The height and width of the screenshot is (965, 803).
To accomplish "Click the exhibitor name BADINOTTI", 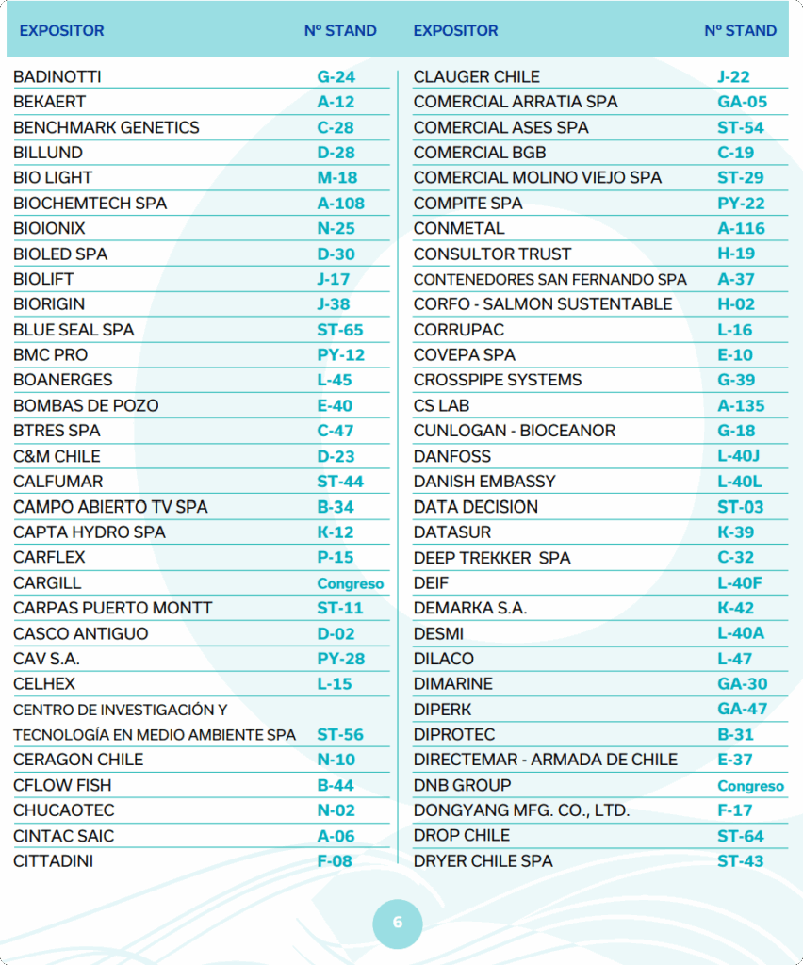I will [x=57, y=76].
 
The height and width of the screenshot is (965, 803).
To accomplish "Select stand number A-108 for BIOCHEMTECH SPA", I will [x=340, y=203].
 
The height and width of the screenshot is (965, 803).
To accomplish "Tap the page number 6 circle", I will [x=397, y=922].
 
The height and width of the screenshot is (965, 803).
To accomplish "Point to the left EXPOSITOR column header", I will [x=61, y=30].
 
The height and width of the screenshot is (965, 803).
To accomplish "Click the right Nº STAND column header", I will [x=740, y=30].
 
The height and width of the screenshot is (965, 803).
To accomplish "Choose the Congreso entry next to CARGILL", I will [x=350, y=583].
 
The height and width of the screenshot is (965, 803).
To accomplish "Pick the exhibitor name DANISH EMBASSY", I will [x=484, y=481].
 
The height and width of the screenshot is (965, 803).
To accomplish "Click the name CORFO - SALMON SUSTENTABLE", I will [x=543, y=303].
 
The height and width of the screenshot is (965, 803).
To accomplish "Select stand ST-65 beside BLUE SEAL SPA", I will [x=339, y=330].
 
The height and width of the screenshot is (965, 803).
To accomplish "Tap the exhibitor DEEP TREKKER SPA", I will [x=492, y=557].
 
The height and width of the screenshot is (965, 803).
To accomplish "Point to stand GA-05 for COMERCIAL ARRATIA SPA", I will [x=742, y=102].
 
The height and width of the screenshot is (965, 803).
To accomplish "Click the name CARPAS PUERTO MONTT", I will [x=113, y=608].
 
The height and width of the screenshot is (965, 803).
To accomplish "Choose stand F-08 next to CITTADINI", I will [x=335, y=860].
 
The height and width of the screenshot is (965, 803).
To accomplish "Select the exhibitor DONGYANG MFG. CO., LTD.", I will [x=521, y=810].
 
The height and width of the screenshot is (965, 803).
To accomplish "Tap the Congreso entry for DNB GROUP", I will [x=750, y=786].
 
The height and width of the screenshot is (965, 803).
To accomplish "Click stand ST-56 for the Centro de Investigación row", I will [x=339, y=734].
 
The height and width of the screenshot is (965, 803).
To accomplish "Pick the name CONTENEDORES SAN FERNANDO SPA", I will [x=550, y=279].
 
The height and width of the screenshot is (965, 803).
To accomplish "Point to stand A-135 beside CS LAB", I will [x=741, y=405].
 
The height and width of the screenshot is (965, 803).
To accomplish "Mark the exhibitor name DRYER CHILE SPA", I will [x=483, y=860].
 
